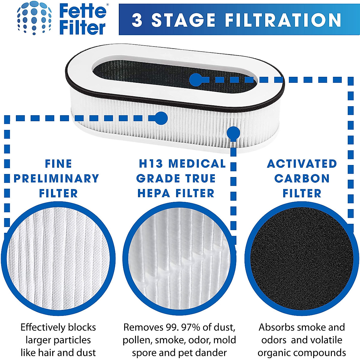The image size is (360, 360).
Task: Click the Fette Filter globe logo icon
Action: click(34, 18)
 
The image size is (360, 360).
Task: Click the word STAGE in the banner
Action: click(183, 20)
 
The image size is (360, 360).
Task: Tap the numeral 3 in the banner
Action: click(137, 20)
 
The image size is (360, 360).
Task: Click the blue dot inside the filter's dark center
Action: click(196, 80)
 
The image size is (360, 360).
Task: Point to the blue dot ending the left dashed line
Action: click(161, 118)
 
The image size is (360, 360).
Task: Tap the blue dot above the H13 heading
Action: click(233, 133)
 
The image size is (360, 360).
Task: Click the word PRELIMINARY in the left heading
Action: click(56, 178)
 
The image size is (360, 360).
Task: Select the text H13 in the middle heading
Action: click(151, 164)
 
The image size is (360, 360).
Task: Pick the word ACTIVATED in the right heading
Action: click(302, 164)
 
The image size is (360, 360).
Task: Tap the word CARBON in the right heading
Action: click(302, 178)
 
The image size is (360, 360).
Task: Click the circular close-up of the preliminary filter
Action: click(58, 258)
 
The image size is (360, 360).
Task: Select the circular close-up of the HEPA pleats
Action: click(179, 259)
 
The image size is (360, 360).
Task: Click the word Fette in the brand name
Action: click(83, 11)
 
